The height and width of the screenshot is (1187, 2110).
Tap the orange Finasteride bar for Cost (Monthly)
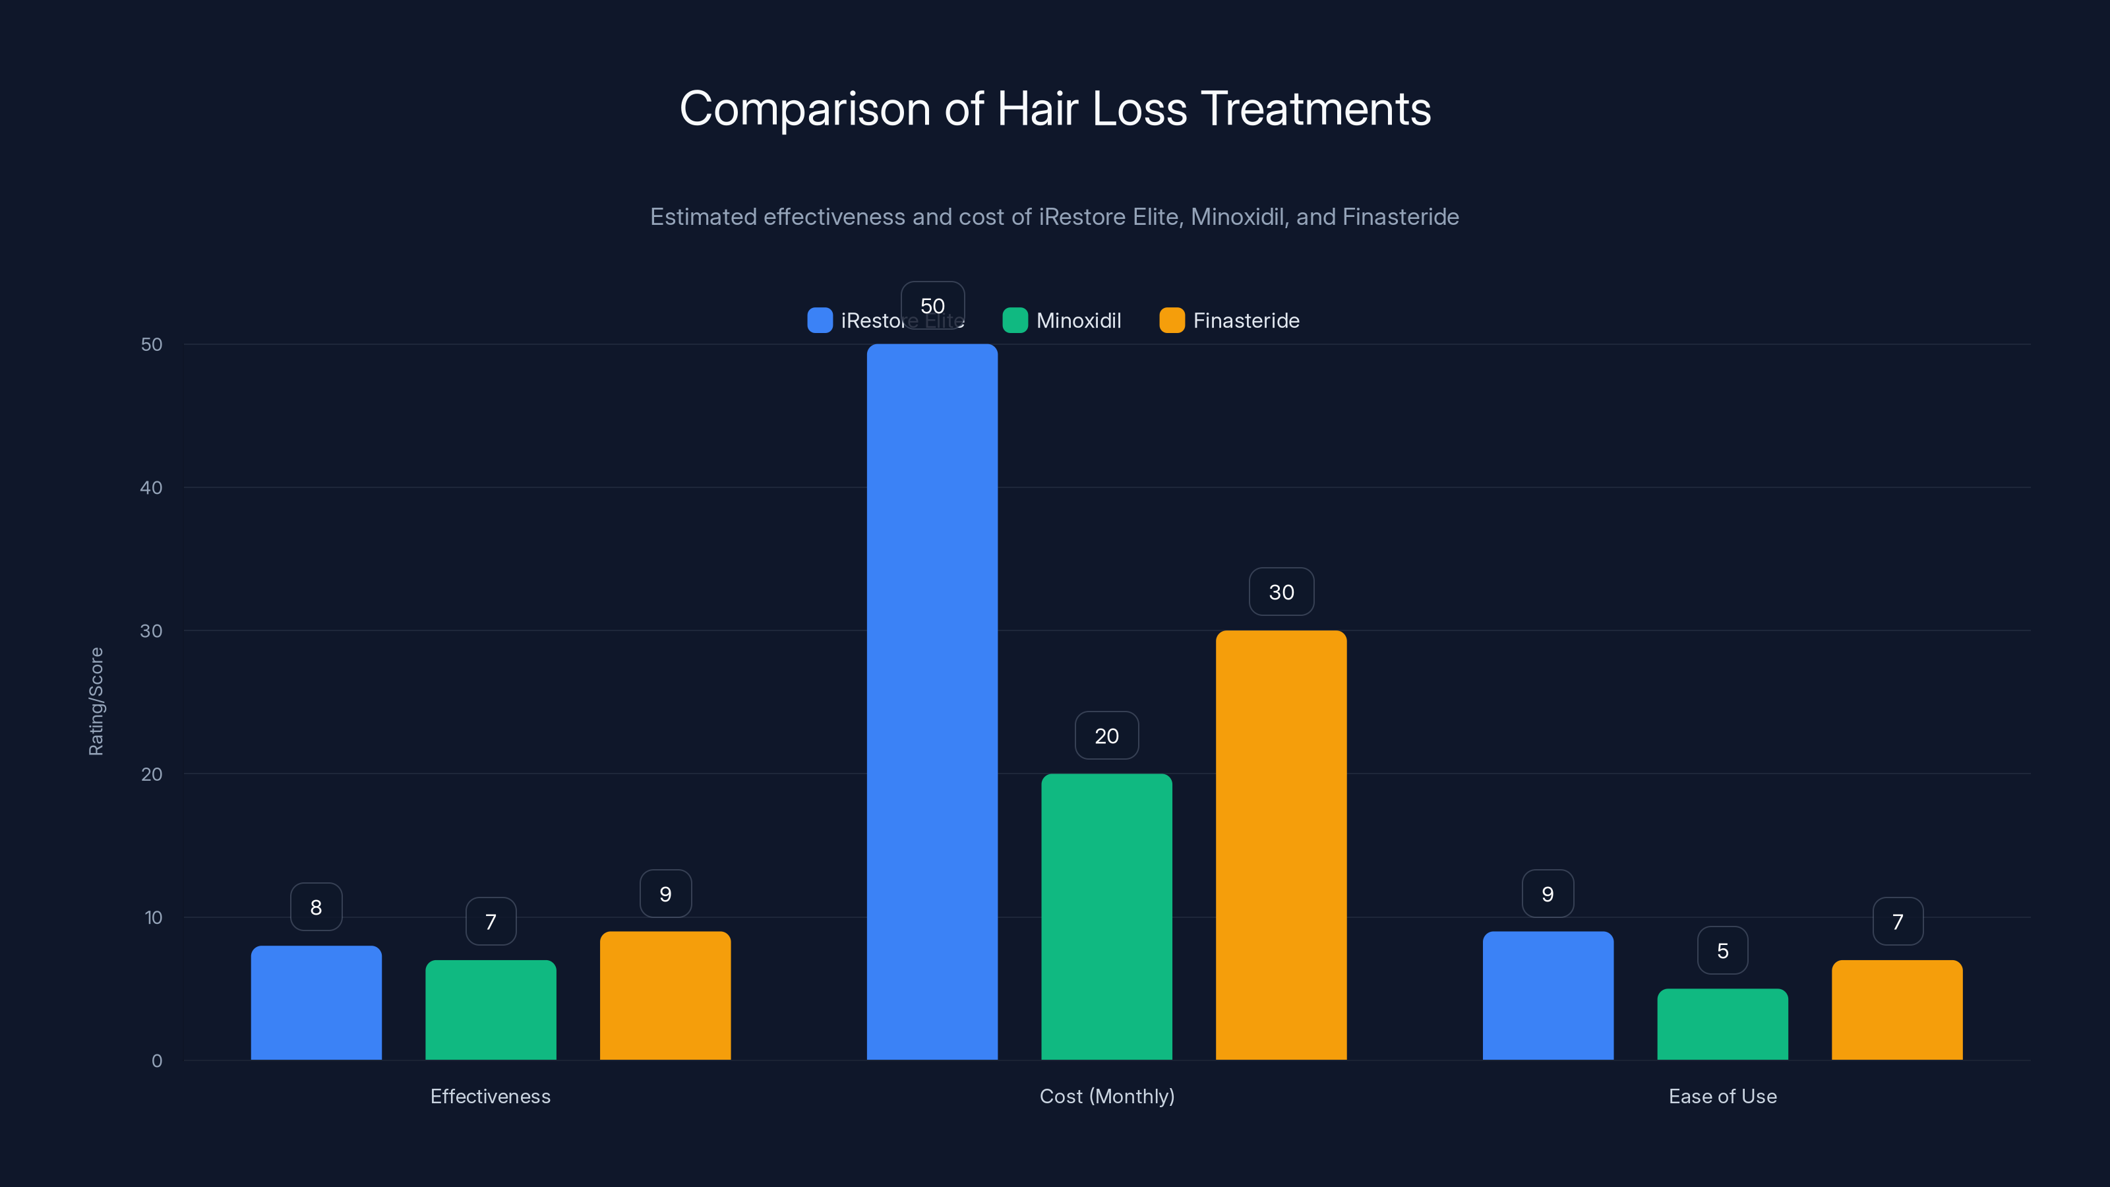1281,845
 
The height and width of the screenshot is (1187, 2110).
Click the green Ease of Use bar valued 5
1722,1024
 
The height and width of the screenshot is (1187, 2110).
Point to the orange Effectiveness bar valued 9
665,994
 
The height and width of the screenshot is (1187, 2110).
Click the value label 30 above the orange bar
1281,592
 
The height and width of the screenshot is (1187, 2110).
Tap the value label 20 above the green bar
1106,736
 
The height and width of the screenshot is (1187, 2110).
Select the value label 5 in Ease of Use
1722,950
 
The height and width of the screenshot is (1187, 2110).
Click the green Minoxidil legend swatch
1015,320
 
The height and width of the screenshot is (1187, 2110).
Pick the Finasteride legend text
1246,320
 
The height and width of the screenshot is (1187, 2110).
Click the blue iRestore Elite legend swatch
820,320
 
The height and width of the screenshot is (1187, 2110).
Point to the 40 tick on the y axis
152,487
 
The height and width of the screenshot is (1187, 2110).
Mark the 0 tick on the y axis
156,1061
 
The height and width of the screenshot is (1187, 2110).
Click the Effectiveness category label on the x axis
490,1096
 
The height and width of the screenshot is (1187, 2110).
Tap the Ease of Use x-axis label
1722,1096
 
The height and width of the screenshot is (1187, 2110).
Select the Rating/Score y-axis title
96,701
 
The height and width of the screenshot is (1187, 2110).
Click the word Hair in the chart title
1037,109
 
